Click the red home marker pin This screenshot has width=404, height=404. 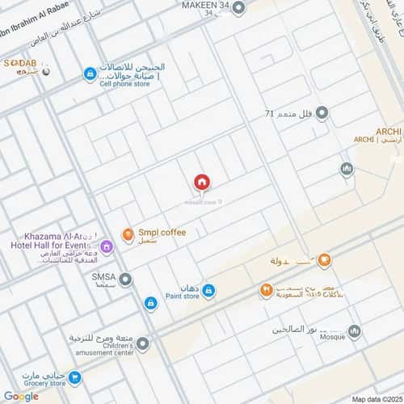point(201,183)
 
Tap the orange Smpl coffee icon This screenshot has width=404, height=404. point(128,234)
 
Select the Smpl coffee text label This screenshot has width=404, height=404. point(162,233)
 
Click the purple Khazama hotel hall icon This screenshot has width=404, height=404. point(106,246)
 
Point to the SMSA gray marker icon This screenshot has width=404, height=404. point(126,279)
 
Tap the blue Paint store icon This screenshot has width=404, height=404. point(208,291)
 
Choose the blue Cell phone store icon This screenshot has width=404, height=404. point(90,74)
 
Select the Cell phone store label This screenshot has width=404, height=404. point(124,82)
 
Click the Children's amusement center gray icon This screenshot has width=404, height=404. point(143,344)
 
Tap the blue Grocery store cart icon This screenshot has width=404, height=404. point(75,377)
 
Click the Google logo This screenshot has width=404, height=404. point(21,396)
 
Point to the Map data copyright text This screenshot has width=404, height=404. point(375,398)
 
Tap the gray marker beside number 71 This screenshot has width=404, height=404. point(322,114)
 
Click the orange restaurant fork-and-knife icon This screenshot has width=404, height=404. point(266,290)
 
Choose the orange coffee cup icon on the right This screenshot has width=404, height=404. point(324,260)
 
